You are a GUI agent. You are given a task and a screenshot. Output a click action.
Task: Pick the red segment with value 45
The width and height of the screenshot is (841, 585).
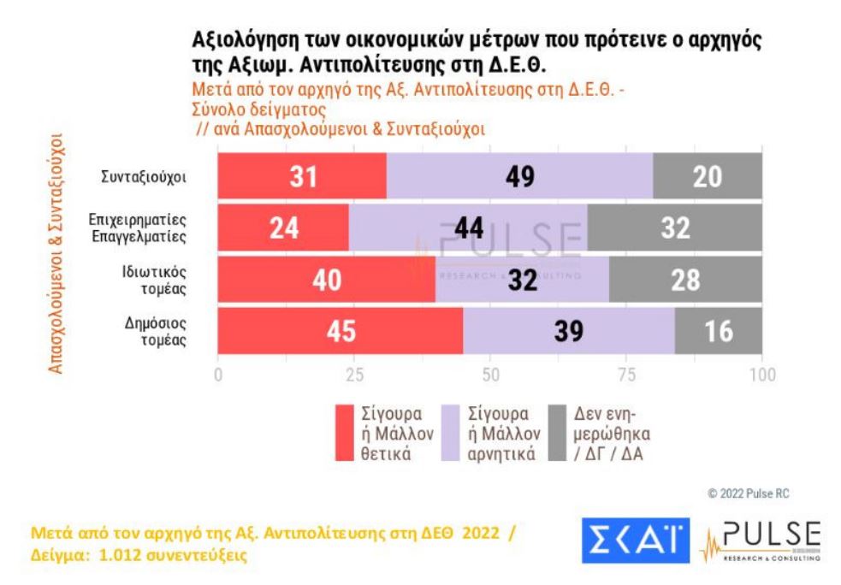[340, 330]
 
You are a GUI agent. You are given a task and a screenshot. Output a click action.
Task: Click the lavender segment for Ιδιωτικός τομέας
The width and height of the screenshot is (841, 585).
[522, 279]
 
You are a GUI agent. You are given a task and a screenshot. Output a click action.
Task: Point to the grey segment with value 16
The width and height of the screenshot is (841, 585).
[718, 330]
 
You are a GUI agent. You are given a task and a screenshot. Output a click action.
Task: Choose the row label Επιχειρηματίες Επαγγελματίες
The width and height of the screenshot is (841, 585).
[139, 228]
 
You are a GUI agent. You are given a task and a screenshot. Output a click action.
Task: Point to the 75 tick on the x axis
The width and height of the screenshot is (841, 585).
[626, 375]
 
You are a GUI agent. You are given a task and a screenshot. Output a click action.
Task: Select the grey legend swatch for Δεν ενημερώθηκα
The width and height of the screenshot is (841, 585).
[560, 433]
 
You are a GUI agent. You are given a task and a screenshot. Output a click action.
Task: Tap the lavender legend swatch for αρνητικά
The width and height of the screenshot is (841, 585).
[452, 433]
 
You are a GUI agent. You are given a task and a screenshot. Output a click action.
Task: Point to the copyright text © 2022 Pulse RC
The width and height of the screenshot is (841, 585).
[776, 493]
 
